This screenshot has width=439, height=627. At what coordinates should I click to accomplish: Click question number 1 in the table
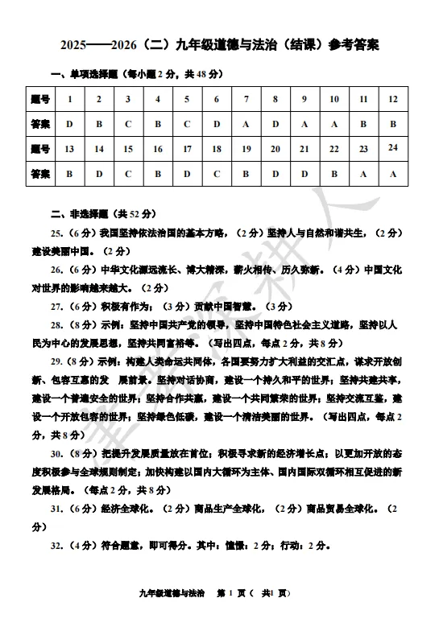pyautogui.click(x=69, y=100)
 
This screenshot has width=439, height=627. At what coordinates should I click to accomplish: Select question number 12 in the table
pyautogui.click(x=393, y=100)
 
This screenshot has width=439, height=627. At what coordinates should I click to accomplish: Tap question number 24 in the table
pyautogui.click(x=393, y=147)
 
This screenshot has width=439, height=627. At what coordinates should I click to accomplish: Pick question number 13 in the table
pyautogui.click(x=69, y=149)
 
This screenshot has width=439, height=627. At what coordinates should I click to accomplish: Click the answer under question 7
pyautogui.click(x=246, y=124)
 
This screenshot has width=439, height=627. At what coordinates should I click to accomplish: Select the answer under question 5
pyautogui.click(x=187, y=124)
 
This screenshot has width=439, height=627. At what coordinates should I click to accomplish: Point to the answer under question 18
pyautogui.click(x=217, y=173)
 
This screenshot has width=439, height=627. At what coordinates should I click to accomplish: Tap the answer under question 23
pyautogui.click(x=363, y=173)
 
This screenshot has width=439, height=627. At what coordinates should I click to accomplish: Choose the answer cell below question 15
pyautogui.click(x=128, y=173)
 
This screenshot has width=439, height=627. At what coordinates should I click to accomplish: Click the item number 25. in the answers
pyautogui.click(x=57, y=233)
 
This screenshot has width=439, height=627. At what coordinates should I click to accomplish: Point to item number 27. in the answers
pyautogui.click(x=57, y=306)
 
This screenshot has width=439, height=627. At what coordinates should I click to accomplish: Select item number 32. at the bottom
pyautogui.click(x=57, y=545)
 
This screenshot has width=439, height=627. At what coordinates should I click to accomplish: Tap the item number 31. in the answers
pyautogui.click(x=57, y=509)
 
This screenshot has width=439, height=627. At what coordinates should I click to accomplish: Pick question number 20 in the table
pyautogui.click(x=275, y=149)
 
